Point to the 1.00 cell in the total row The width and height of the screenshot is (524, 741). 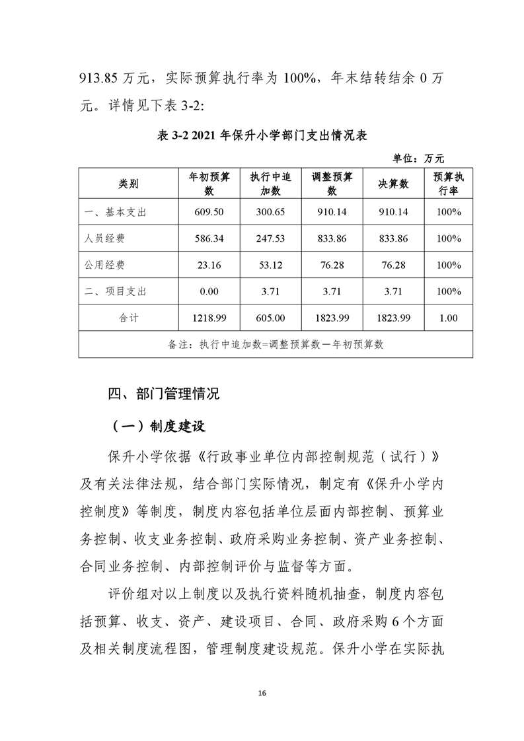click(448, 318)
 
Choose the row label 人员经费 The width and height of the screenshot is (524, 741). click(105, 238)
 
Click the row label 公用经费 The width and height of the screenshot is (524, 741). click(105, 265)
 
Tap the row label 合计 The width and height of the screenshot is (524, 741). click(129, 318)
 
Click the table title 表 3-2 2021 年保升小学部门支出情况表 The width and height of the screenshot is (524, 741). click(262, 135)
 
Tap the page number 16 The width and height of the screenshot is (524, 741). click(262, 693)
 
